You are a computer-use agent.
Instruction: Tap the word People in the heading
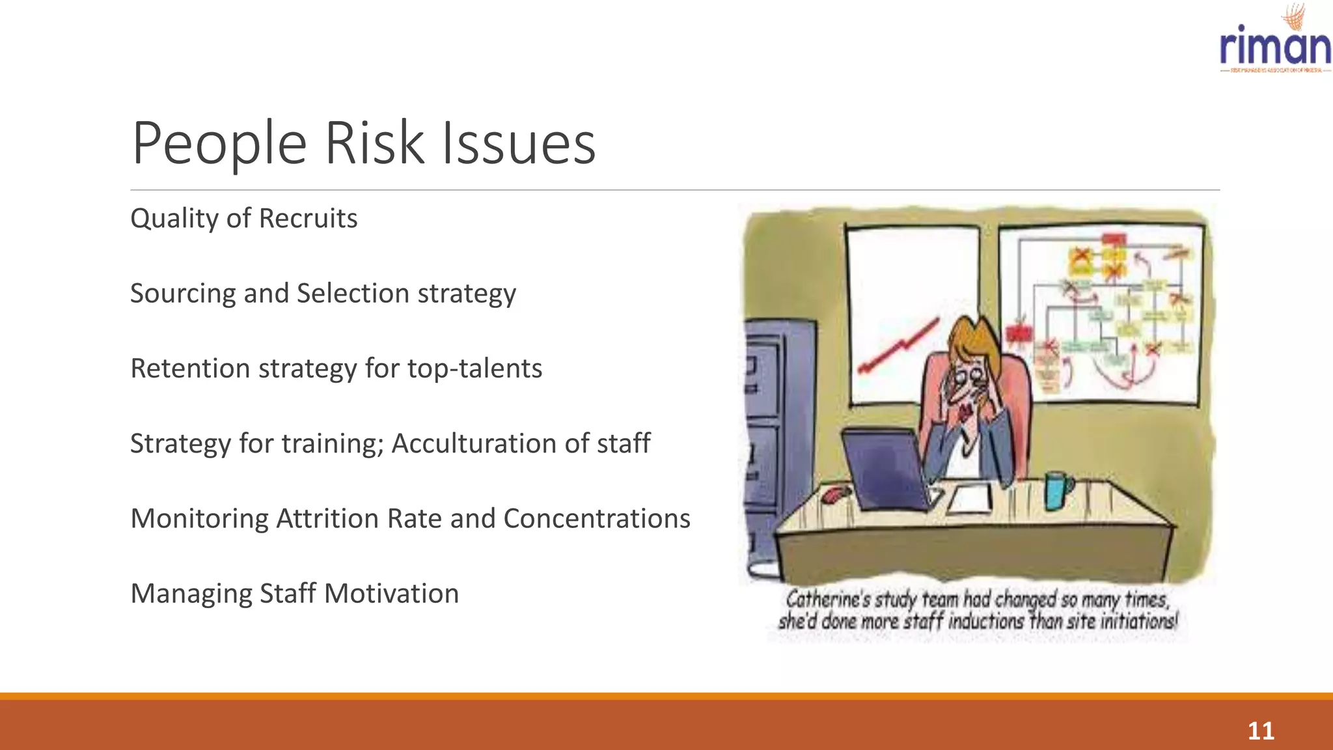(219, 143)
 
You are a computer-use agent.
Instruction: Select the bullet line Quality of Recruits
(243, 219)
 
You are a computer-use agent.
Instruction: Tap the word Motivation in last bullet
(391, 594)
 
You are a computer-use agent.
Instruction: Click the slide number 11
(1260, 730)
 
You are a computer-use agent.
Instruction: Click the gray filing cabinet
(775, 443)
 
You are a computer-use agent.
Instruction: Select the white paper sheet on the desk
(970, 499)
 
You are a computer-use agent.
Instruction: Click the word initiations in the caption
(1138, 621)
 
